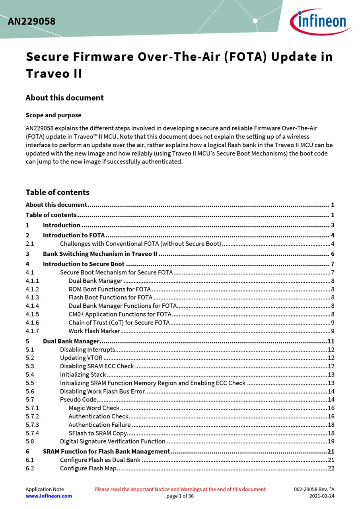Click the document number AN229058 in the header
click(x=31, y=21)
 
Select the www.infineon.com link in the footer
click(x=49, y=496)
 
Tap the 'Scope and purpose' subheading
click(x=53, y=115)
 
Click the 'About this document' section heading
click(x=64, y=98)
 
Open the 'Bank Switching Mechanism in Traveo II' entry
click(x=100, y=254)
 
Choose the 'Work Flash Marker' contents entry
click(x=94, y=331)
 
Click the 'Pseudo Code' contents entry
click(x=78, y=400)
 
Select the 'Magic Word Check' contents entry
click(x=94, y=408)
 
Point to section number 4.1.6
click(x=32, y=322)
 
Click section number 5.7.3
click(x=32, y=425)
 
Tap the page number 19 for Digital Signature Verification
click(x=331, y=441)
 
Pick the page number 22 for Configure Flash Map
click(x=331, y=468)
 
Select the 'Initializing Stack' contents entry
click(x=83, y=375)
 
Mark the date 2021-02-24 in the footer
click(x=322, y=496)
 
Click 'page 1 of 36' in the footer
click(x=180, y=496)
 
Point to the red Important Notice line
click(x=180, y=489)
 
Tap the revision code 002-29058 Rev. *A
click(x=314, y=489)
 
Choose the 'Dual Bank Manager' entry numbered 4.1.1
click(x=95, y=281)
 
